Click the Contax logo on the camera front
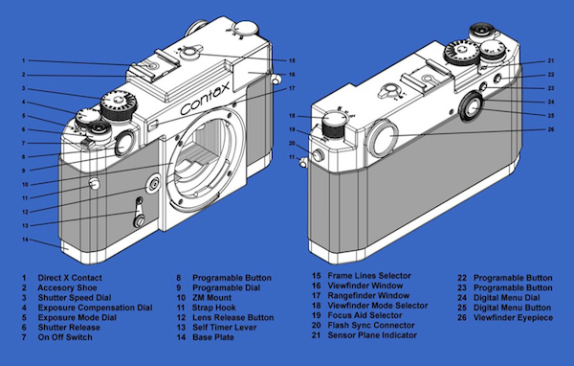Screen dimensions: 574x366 pyautogui.click(x=206, y=98)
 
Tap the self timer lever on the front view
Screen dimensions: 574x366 pyautogui.click(x=139, y=213)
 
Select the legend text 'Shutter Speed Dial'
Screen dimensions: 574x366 pyautogui.click(x=75, y=298)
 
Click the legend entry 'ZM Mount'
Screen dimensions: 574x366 pyautogui.click(x=212, y=298)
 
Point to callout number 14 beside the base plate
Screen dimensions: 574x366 pyautogui.click(x=25, y=240)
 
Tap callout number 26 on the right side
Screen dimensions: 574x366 pyautogui.click(x=551, y=129)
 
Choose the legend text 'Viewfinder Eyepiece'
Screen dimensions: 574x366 pyautogui.click(x=513, y=317)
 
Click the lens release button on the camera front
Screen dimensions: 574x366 pyautogui.click(x=153, y=183)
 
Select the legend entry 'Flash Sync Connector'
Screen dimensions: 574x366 pyautogui.click(x=371, y=326)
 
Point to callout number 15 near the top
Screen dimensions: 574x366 pyautogui.click(x=292, y=60)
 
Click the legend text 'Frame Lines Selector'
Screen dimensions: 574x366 pyautogui.click(x=369, y=276)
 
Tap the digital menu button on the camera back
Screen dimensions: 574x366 pyautogui.click(x=473, y=107)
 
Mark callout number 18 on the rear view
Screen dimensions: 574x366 pyautogui.click(x=292, y=116)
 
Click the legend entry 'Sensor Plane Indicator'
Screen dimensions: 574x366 pyautogui.click(x=372, y=335)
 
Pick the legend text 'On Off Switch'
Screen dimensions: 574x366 pyautogui.click(x=65, y=337)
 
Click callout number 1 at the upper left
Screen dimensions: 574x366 pyautogui.click(x=24, y=61)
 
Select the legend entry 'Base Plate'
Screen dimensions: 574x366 pyautogui.click(x=213, y=337)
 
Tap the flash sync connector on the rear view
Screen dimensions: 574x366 pyautogui.click(x=318, y=155)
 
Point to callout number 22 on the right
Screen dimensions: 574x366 pyautogui.click(x=551, y=75)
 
